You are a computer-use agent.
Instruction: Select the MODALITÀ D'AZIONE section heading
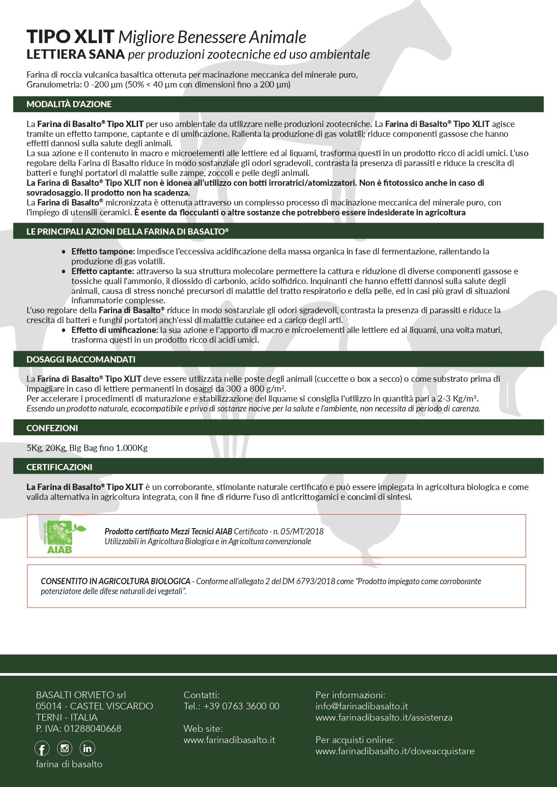(69, 104)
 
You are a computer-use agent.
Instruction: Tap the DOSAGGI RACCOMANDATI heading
(81, 359)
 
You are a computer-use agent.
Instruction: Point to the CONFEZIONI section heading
(52, 428)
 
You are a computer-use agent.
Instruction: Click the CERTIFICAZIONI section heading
(59, 467)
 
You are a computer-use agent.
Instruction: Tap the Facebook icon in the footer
(42, 748)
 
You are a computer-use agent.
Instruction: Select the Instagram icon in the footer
(65, 748)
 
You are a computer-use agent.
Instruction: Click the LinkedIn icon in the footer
(87, 748)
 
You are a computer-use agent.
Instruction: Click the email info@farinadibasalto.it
(362, 706)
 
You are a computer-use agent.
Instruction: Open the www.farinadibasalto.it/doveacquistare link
(395, 751)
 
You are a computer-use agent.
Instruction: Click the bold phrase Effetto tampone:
(103, 251)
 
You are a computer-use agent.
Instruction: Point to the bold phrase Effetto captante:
(103, 271)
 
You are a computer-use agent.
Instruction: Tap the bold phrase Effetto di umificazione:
(114, 330)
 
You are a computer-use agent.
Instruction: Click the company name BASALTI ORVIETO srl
(81, 695)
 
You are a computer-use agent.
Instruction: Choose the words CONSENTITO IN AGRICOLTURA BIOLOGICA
(115, 582)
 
